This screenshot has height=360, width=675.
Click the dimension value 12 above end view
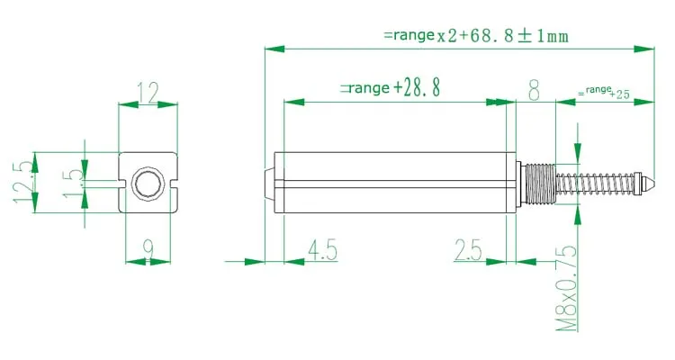(x=147, y=91)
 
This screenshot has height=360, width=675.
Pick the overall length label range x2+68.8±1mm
(x=474, y=36)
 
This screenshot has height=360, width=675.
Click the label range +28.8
(x=389, y=88)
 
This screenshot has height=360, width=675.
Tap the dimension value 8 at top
(x=534, y=90)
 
